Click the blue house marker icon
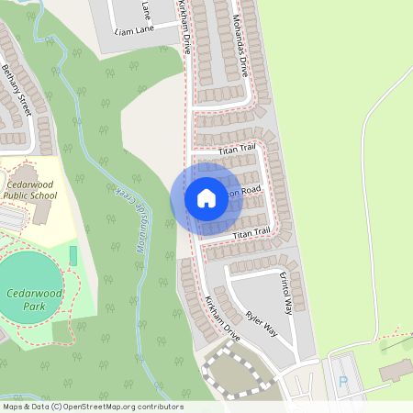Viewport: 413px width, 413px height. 206,197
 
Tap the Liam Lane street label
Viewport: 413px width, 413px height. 134,30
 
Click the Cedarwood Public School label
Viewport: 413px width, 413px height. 30,188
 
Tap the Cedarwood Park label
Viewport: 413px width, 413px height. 33,297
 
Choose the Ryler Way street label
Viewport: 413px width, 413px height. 262,323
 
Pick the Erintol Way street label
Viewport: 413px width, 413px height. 285,295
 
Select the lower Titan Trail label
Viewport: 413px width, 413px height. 253,235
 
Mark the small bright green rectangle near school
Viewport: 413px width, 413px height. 73,254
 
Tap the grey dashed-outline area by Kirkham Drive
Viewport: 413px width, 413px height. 237,373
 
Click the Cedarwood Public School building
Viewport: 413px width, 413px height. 42,212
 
